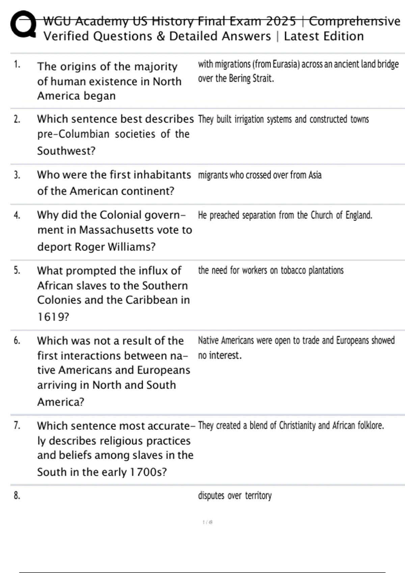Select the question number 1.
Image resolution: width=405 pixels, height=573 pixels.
(x=17, y=64)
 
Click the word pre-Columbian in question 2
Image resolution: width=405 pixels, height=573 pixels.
(x=73, y=134)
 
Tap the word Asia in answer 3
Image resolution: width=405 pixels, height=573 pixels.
(x=315, y=175)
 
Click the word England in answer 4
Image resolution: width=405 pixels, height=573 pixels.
(x=358, y=215)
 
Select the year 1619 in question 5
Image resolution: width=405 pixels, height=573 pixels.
(x=52, y=317)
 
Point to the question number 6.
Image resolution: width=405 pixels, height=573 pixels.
(x=17, y=340)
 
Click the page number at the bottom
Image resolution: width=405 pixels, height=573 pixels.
(x=207, y=522)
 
